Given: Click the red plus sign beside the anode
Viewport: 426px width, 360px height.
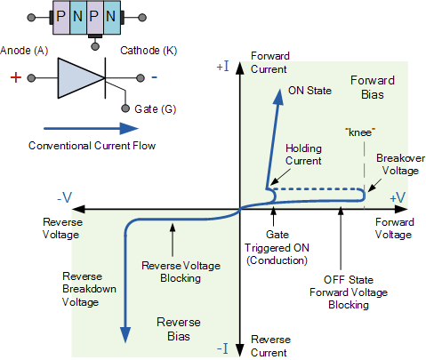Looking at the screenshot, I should [15, 78].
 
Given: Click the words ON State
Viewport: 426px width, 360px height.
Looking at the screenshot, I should [307, 91].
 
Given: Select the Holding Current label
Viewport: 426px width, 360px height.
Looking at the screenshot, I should [302, 155].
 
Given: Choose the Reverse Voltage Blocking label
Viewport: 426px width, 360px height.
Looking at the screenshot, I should [178, 271].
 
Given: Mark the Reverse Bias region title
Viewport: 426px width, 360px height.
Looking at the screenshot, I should [179, 329].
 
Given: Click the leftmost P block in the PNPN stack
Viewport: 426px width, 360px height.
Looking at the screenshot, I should [61, 17].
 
